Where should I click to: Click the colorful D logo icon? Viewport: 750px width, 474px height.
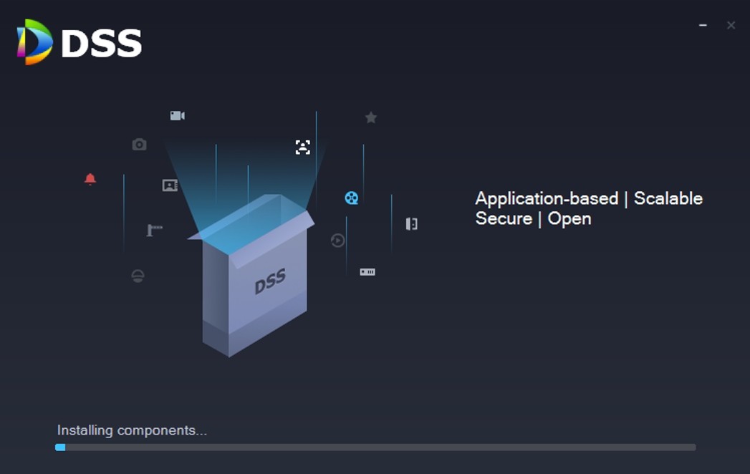[34, 42]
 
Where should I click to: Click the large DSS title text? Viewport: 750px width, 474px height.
[102, 44]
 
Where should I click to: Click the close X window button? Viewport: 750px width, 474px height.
[731, 25]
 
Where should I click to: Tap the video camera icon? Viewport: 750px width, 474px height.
[177, 115]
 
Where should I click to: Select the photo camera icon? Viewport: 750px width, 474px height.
[139, 145]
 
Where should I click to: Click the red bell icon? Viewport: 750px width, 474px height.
[90, 179]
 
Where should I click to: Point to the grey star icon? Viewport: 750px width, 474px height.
[370, 117]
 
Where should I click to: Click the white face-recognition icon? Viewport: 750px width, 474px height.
[303, 147]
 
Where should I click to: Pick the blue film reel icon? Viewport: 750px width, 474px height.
[351, 198]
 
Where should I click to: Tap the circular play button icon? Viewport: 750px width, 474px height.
[337, 241]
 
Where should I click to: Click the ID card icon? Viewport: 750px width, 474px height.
[170, 185]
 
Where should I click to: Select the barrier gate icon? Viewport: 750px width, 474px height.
[154, 230]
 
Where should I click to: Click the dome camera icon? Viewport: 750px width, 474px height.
[138, 276]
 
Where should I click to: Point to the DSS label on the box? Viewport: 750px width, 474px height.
[270, 281]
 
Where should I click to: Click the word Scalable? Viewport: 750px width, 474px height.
[668, 198]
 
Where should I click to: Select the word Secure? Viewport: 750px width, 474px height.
[504, 218]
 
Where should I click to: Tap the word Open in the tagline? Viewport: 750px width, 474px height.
[569, 218]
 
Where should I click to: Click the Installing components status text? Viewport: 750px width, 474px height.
[132, 430]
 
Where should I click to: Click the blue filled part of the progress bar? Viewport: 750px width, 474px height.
[60, 448]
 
